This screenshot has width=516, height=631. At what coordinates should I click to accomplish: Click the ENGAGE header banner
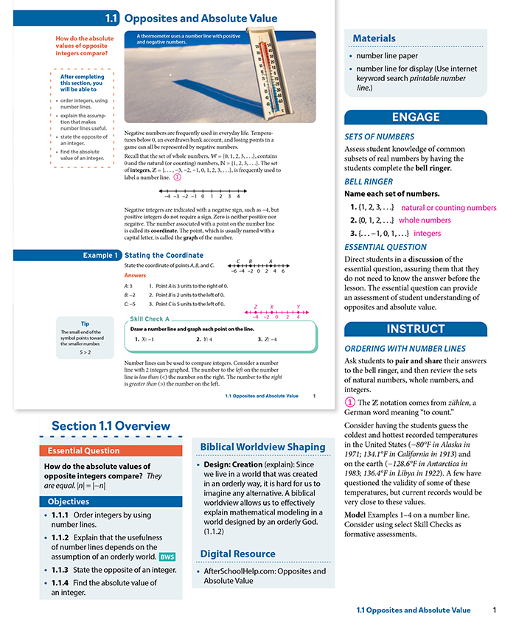[416, 117]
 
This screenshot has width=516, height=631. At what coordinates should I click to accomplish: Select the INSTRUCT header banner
[416, 329]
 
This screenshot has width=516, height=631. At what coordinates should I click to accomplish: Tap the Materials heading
[374, 38]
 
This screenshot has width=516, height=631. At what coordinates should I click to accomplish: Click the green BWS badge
[167, 557]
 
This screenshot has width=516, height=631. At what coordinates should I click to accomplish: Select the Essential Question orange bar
[111, 450]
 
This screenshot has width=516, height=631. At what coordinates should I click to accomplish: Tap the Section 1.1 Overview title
[111, 426]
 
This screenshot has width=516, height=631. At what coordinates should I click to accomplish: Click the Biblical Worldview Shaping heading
[262, 447]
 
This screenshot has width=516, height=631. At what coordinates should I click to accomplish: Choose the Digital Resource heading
[238, 554]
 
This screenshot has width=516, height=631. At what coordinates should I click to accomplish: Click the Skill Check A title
[150, 319]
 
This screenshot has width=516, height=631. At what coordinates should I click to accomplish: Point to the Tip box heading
[85, 324]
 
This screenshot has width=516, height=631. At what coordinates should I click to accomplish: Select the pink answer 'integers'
[428, 233]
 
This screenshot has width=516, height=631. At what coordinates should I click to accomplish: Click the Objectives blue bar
[111, 501]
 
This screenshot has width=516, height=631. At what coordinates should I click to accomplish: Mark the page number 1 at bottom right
[495, 610]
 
